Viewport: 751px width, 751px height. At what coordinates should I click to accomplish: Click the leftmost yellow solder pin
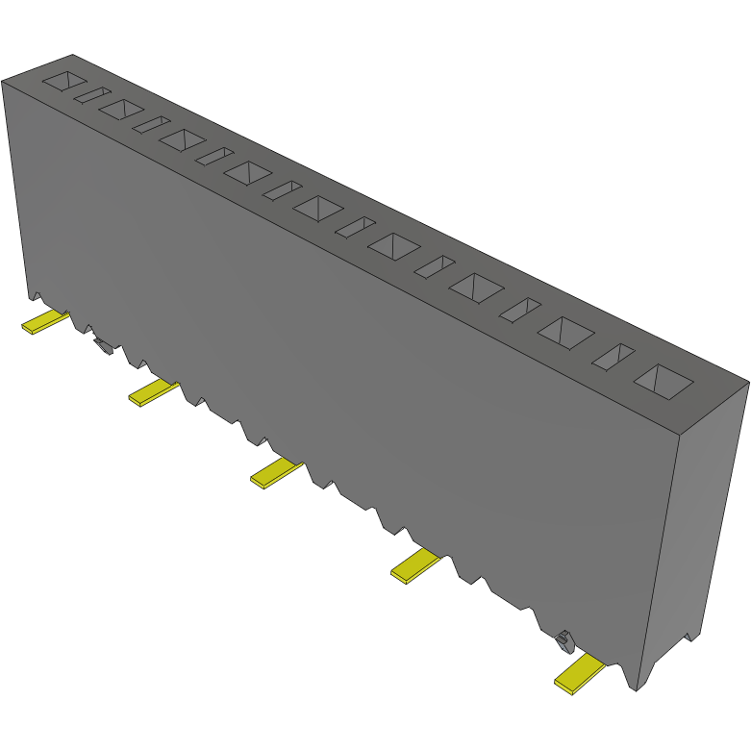[x=44, y=321]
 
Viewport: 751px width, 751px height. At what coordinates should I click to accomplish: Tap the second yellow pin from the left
[x=152, y=391]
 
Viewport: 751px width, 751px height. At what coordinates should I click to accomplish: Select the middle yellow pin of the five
[x=276, y=473]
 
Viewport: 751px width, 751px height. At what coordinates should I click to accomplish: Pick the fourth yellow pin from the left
[x=414, y=565]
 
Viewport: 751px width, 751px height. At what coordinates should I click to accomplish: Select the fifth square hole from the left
[x=318, y=208]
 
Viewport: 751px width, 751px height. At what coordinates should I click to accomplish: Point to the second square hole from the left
[x=120, y=109]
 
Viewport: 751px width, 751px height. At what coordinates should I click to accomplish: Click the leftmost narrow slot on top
[x=92, y=95]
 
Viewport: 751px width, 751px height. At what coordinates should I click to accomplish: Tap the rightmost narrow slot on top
[x=613, y=357]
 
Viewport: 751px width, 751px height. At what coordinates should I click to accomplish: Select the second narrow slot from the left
[x=151, y=125]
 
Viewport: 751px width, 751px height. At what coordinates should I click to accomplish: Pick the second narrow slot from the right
[x=520, y=309]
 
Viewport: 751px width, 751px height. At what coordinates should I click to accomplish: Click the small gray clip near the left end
[x=102, y=345]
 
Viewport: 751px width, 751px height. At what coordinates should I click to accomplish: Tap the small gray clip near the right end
[x=565, y=637]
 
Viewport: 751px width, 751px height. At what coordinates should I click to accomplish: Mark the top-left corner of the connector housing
[x=3, y=81]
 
